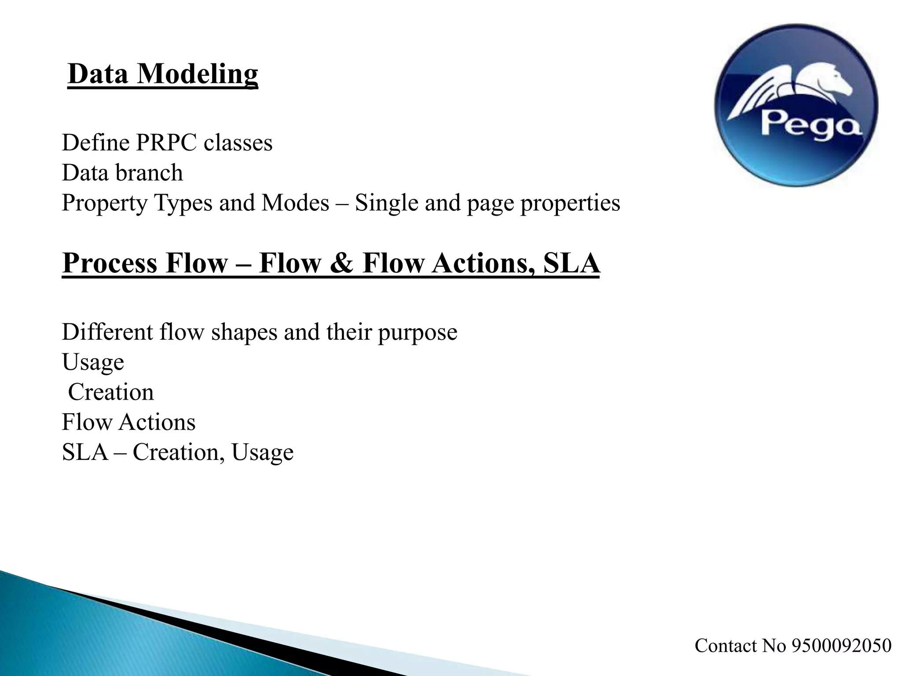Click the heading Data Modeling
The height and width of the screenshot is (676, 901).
163,74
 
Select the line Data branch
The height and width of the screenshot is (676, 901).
122,173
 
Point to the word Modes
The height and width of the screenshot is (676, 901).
295,203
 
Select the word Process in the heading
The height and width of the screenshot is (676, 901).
110,263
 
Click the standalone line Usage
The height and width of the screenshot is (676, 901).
93,363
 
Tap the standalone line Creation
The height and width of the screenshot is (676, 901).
111,392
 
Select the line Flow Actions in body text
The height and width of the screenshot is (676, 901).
128,422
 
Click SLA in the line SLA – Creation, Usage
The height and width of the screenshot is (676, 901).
85,452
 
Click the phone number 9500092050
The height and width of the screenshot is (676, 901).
841,646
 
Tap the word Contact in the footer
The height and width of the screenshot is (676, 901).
726,646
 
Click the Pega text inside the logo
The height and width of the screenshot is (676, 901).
809,125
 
